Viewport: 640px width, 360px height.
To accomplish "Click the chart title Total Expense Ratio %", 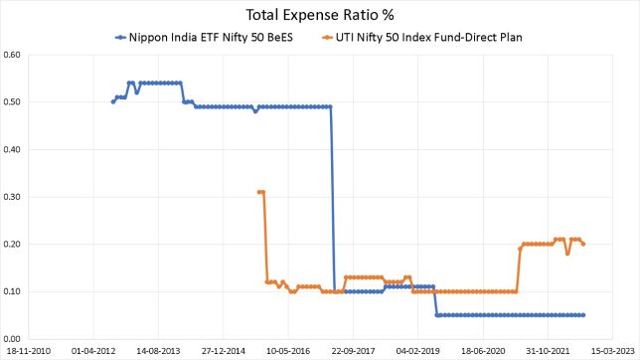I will click(319, 14).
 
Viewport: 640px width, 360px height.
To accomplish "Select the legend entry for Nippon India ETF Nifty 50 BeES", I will click(199, 38).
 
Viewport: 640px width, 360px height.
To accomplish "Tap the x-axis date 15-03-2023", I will click(611, 351).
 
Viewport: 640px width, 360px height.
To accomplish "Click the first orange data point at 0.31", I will click(258, 192).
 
